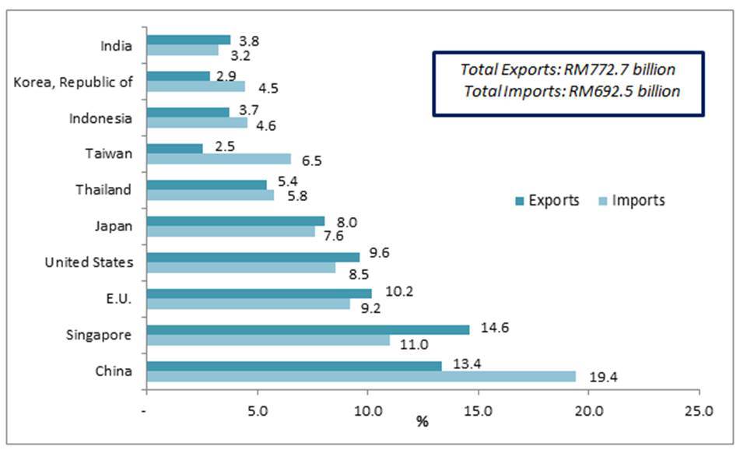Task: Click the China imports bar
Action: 361,377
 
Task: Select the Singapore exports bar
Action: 308,329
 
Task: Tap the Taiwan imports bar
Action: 219,159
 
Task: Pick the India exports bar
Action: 188,40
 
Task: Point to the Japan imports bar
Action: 230,231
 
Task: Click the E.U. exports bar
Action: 259,293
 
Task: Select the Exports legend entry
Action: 547,200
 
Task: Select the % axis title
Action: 423,423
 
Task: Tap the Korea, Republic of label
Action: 73,82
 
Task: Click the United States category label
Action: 89,262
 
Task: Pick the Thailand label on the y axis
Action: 103,190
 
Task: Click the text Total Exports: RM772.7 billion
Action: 568,69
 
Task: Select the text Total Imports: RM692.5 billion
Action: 572,91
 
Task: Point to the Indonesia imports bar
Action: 197,123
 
